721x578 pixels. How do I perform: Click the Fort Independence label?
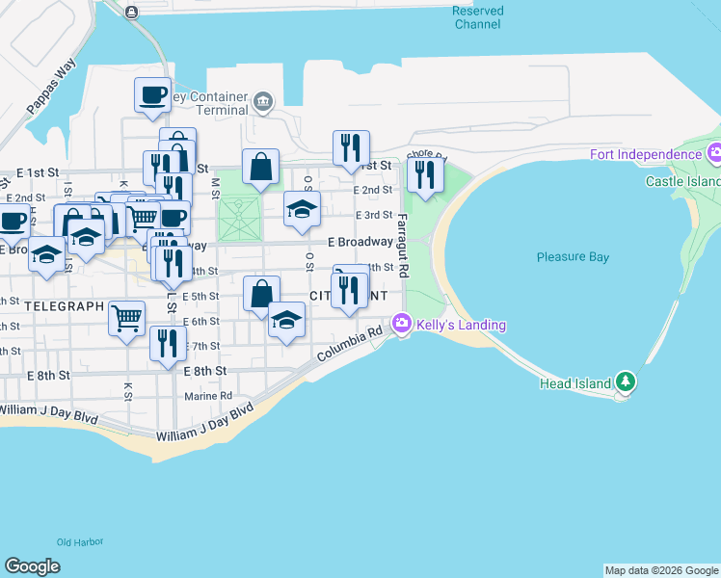point(645,155)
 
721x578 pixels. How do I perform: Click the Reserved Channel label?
point(477,17)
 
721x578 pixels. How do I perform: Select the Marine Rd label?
point(208,396)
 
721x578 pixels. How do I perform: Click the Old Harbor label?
point(79,542)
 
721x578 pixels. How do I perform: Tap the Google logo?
point(32,566)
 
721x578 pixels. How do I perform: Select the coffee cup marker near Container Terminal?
point(152,94)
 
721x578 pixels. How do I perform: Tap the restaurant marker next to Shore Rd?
point(424,173)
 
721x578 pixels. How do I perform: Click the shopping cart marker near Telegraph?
point(127,318)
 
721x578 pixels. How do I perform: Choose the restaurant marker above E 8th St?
point(168,343)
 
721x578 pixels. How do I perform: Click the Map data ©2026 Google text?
point(662,570)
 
